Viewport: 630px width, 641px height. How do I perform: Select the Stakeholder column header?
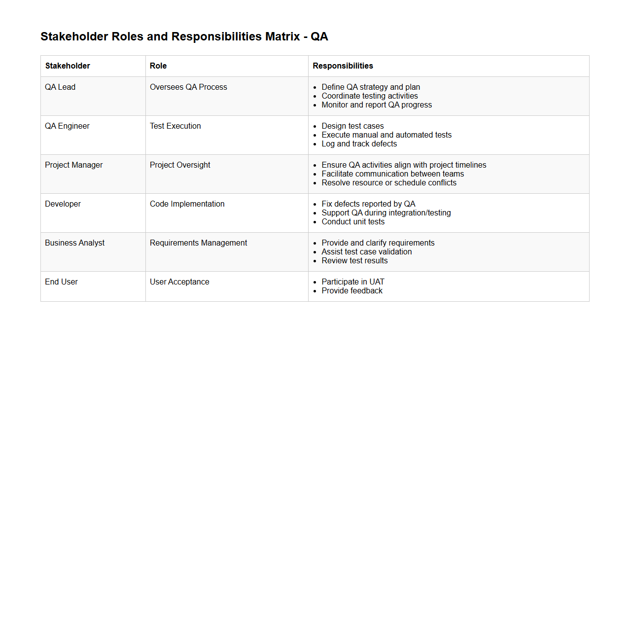[x=68, y=66]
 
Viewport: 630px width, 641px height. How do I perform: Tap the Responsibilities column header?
[x=343, y=66]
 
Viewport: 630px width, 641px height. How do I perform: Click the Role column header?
[x=158, y=66]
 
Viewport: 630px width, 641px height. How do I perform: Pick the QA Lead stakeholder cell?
[x=60, y=87]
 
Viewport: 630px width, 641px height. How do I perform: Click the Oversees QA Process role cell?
[x=188, y=87]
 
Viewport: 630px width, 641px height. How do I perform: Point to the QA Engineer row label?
[x=67, y=126]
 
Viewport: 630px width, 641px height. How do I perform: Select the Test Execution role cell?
[x=175, y=126]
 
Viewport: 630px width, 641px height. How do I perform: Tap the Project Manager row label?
[x=73, y=165]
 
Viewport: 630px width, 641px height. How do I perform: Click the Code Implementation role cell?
[x=187, y=204]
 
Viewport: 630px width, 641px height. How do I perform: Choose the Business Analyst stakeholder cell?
[x=74, y=243]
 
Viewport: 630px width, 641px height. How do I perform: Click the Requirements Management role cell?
[x=198, y=243]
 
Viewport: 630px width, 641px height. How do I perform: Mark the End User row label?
[x=61, y=282]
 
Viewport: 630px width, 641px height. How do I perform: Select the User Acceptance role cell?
[x=179, y=282]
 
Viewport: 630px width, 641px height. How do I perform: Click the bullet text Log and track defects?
[x=359, y=144]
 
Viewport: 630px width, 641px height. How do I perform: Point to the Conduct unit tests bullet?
[x=353, y=222]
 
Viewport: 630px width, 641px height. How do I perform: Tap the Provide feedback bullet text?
[x=352, y=291]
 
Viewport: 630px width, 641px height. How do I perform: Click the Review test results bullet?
[x=354, y=261]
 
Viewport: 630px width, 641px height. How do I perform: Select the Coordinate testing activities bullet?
[x=370, y=96]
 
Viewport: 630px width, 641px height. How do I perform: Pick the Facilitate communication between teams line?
[x=392, y=174]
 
